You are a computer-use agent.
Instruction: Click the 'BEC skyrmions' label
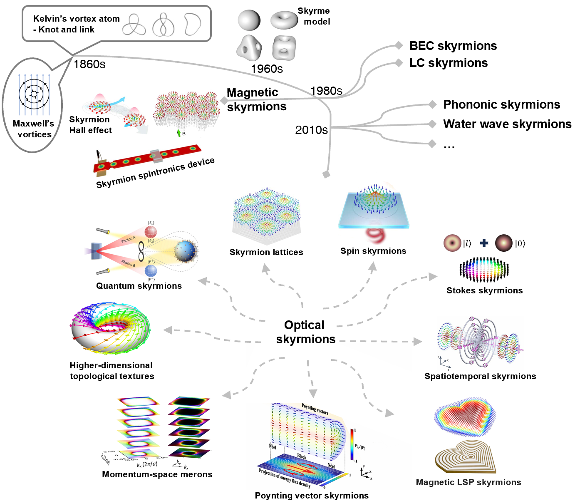click(453, 46)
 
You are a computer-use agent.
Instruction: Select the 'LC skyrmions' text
click(448, 63)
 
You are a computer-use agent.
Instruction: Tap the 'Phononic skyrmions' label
click(501, 104)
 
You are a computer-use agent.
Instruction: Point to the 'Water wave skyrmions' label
click(507, 124)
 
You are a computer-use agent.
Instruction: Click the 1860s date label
click(89, 64)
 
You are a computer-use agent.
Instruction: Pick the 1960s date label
click(267, 69)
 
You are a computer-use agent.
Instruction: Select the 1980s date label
click(326, 91)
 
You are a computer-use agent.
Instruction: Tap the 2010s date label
click(311, 130)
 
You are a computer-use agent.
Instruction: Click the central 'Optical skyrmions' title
click(305, 332)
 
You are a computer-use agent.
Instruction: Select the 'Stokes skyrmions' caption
click(484, 290)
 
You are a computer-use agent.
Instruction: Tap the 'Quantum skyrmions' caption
click(139, 286)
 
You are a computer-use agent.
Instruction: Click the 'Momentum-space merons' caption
click(157, 474)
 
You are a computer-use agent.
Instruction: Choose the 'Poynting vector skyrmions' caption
click(312, 496)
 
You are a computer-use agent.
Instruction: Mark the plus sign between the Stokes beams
click(483, 243)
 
